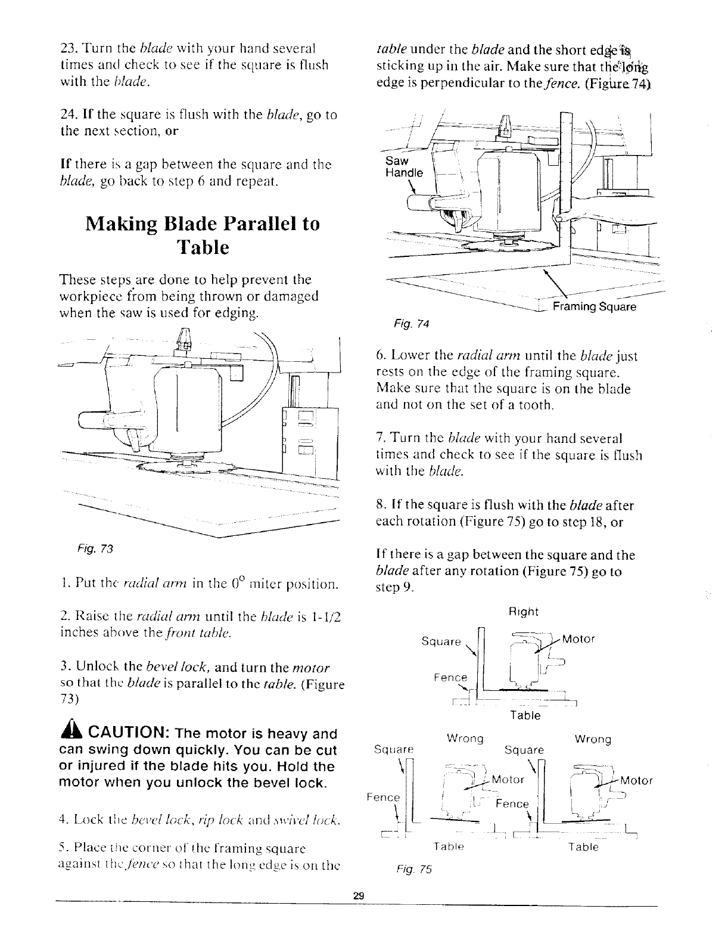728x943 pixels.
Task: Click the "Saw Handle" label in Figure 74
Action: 403,167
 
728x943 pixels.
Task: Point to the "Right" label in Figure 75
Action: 524,612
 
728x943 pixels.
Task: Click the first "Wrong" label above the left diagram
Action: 465,739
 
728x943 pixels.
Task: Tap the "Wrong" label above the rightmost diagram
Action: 593,740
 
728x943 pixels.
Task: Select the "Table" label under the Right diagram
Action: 524,715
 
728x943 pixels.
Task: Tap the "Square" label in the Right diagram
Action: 441,642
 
